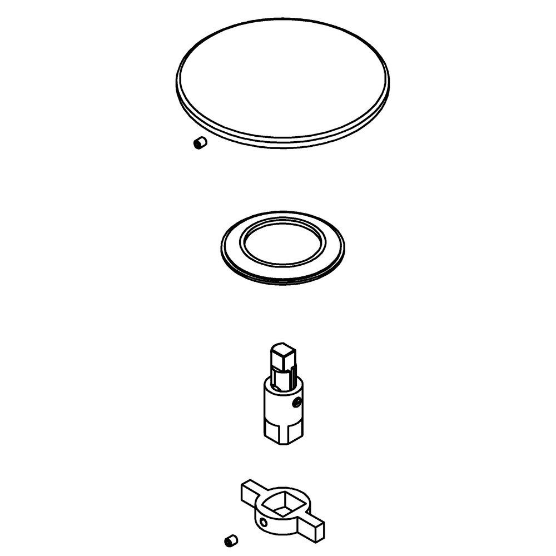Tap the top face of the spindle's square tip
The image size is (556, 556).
coord(282,349)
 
